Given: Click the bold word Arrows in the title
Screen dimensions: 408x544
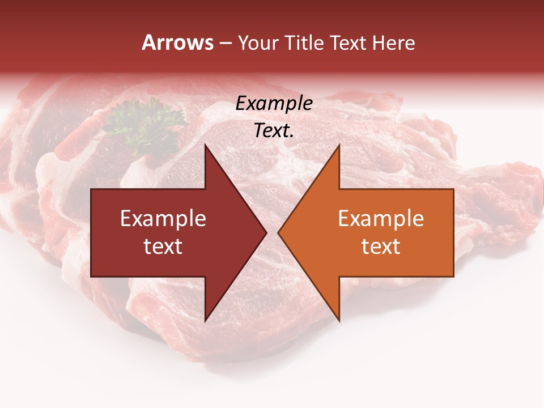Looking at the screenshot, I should (x=178, y=42).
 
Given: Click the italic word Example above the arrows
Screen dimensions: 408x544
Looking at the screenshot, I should (x=274, y=104).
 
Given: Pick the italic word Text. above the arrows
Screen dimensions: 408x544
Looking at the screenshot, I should (x=274, y=131).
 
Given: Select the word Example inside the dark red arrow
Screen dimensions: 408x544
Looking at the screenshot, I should (x=163, y=219).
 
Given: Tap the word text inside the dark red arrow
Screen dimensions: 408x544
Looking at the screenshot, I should (x=163, y=246).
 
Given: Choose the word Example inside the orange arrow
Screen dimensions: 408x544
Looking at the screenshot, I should (x=381, y=219).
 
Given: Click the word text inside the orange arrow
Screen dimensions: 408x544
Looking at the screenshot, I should (x=381, y=246).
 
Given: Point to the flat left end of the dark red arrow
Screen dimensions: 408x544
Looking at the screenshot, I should (x=92, y=233).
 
